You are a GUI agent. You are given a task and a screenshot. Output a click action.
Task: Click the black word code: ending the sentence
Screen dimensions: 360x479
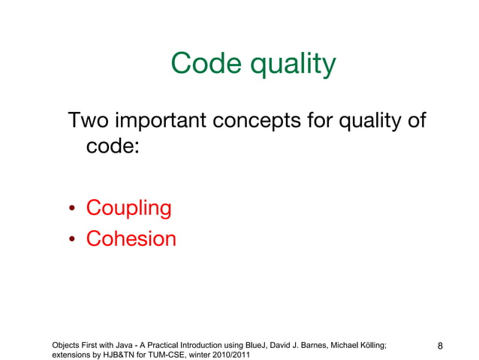tap(112, 146)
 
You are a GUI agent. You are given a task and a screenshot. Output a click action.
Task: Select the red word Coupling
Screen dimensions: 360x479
tap(128, 208)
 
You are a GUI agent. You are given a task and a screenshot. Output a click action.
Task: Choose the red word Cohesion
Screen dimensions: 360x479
tap(131, 239)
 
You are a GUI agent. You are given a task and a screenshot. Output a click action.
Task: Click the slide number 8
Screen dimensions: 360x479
tap(441, 346)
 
